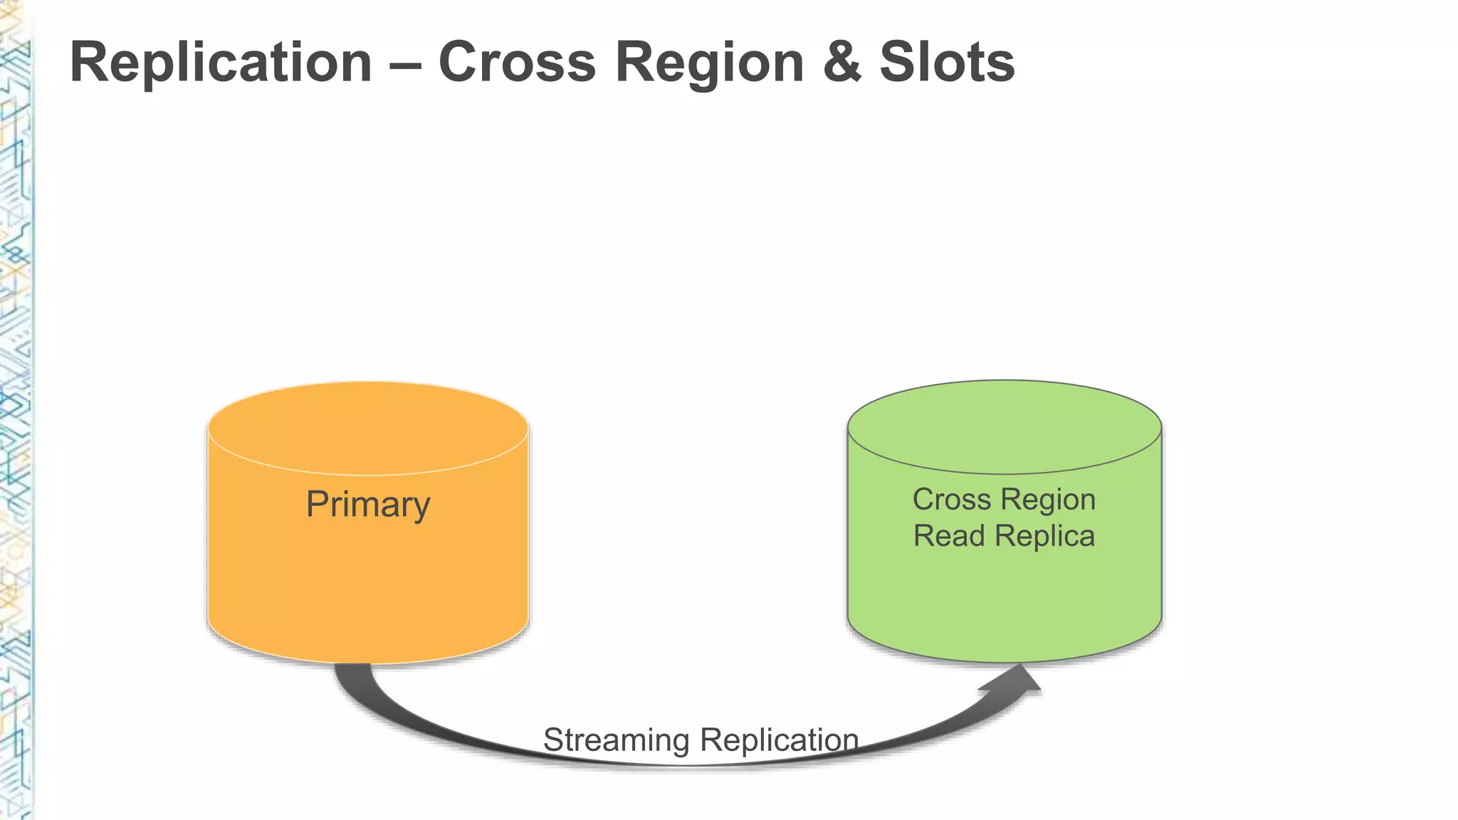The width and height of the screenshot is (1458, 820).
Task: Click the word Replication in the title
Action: pos(221,63)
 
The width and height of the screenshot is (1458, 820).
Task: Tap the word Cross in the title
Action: pos(517,63)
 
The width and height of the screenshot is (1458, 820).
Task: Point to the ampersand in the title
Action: pos(841,63)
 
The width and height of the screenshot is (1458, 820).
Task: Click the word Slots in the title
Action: pos(947,63)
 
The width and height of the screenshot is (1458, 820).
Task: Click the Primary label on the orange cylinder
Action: pos(367,505)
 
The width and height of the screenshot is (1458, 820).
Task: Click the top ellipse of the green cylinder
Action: pos(1004,427)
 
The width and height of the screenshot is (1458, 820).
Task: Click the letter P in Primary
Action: pos(317,504)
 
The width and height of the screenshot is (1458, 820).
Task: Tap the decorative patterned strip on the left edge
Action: pos(14,427)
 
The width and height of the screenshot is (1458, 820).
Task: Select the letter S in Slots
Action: pos(898,63)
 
